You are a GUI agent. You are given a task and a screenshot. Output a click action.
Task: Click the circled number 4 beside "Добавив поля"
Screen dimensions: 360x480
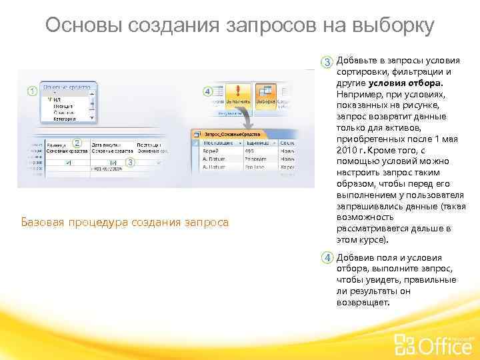coord(328,258)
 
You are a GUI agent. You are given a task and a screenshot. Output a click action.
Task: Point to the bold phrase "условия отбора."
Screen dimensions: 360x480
coord(405,83)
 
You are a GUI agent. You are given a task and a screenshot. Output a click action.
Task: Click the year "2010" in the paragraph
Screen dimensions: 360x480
coord(347,151)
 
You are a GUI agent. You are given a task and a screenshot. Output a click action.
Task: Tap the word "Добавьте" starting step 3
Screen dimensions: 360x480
coord(358,61)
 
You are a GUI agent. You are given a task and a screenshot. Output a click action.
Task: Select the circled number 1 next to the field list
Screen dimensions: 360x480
coord(31,91)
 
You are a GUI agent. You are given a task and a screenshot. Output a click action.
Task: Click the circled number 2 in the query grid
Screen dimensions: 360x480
coord(77,143)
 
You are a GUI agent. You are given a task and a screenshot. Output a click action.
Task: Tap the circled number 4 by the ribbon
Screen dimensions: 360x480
coord(207,91)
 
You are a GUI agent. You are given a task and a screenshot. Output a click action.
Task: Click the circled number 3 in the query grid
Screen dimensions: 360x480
coord(130,163)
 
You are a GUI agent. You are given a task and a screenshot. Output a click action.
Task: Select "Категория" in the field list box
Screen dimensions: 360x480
coord(65,119)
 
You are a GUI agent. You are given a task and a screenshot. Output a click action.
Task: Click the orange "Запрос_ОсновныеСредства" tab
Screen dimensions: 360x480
coord(230,134)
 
